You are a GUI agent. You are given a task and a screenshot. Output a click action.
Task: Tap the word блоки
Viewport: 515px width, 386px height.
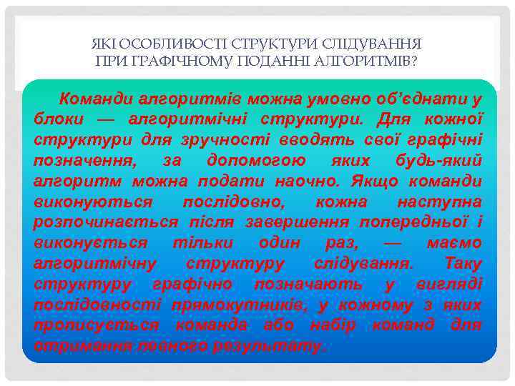coord(59,119)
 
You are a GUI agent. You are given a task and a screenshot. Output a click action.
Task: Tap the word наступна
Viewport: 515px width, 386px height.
coord(439,202)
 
